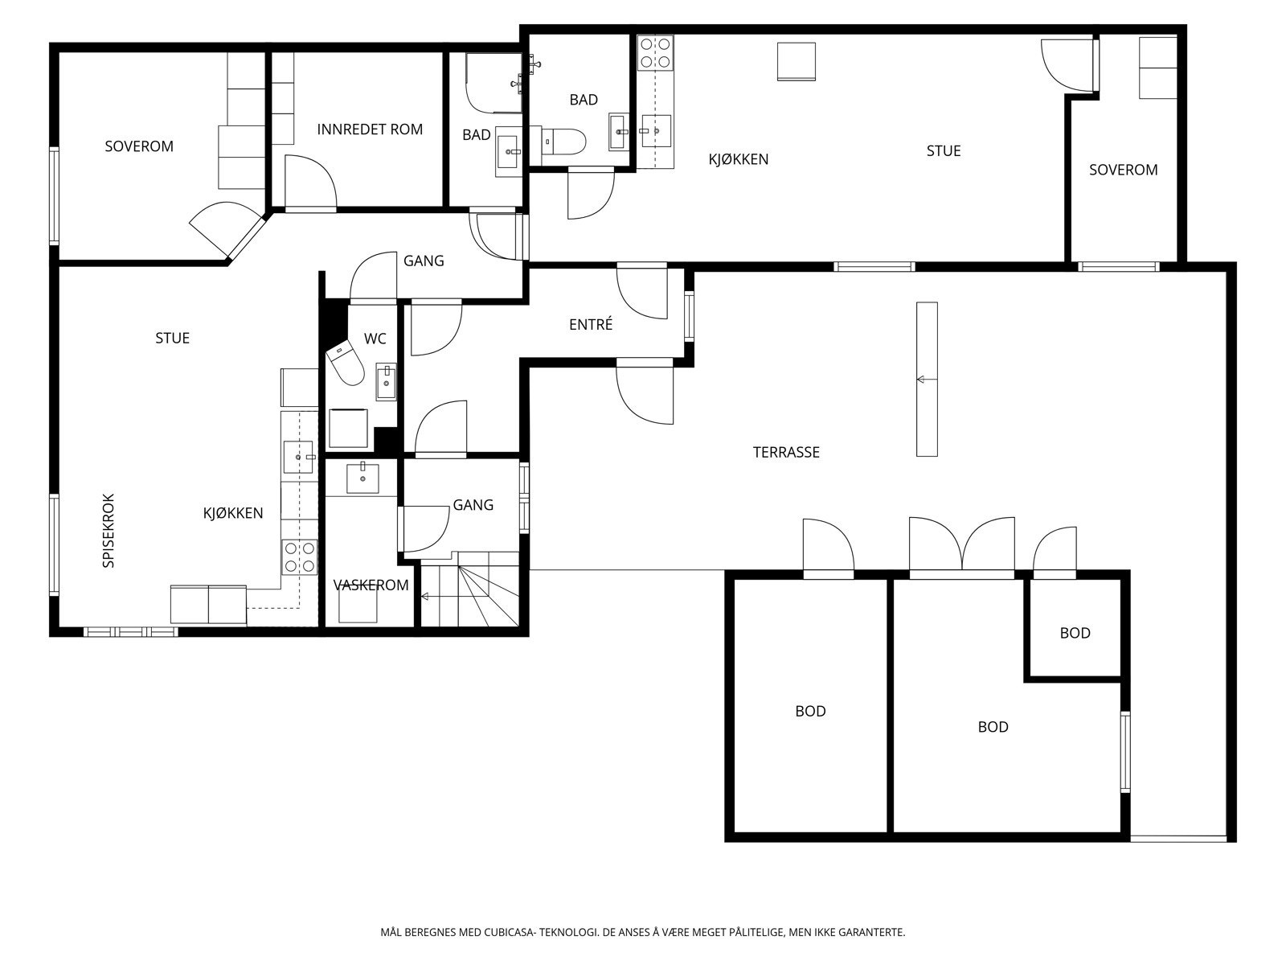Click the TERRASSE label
(x=786, y=452)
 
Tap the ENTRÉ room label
(x=591, y=325)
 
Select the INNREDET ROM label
(x=370, y=129)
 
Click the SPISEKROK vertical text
(x=109, y=531)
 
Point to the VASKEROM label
(x=371, y=585)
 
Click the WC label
(x=375, y=339)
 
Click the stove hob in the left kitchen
(x=298, y=556)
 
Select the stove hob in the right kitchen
(x=655, y=52)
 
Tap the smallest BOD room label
(x=1075, y=633)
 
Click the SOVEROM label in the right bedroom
(x=1123, y=170)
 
